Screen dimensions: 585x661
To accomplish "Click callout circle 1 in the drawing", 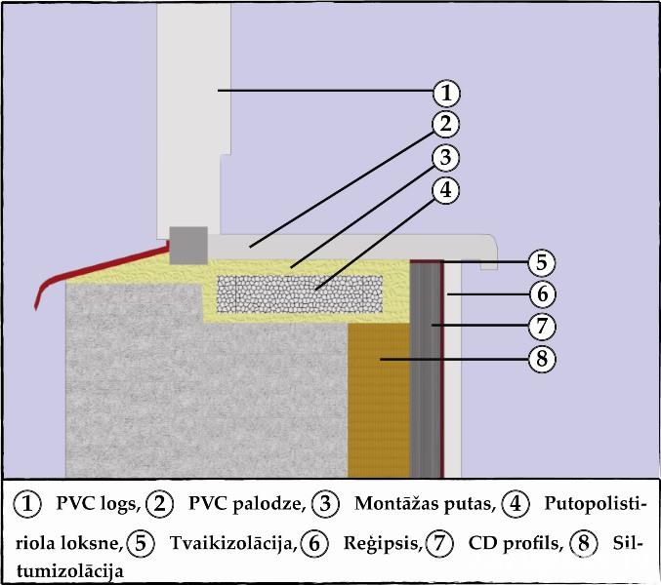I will click(445, 93).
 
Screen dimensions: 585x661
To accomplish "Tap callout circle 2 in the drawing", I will click(445, 124).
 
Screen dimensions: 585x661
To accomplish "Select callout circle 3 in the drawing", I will click(445, 156).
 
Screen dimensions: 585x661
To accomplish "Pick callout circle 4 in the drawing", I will click(445, 189).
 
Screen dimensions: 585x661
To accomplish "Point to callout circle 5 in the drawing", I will click(542, 261).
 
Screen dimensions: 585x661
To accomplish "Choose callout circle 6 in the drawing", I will click(542, 292).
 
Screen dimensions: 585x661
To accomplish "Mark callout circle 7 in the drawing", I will click(542, 325).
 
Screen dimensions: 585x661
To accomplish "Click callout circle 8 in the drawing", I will click(542, 358).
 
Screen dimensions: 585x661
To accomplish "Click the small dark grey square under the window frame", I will click(188, 246).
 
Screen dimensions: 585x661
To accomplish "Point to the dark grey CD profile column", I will click(425, 370).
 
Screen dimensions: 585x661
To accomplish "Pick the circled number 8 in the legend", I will click(585, 542).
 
